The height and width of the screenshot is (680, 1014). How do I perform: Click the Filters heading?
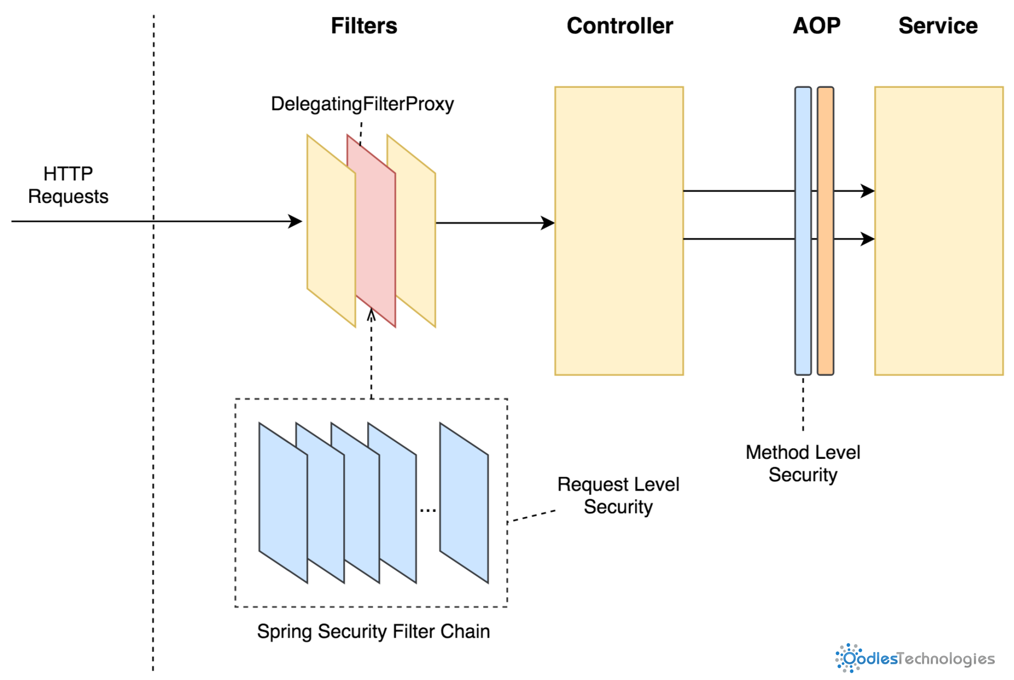pos(363,26)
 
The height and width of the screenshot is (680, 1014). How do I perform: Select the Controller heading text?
pos(619,26)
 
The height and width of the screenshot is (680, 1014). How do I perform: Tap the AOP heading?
pos(816,26)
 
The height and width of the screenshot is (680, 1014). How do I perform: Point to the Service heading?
pos(938,26)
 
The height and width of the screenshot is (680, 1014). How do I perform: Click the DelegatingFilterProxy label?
pos(362,104)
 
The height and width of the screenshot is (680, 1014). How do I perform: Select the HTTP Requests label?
pos(68,185)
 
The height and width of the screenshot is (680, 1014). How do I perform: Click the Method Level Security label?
pos(802,464)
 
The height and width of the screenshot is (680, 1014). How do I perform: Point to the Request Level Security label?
pos(618,495)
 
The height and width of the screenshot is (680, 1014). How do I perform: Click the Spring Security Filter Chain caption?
pos(373,631)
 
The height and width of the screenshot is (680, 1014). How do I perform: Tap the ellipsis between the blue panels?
pos(427,510)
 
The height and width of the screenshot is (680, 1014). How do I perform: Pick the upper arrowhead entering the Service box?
pos(868,191)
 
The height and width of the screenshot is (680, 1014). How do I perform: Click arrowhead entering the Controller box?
pos(548,223)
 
